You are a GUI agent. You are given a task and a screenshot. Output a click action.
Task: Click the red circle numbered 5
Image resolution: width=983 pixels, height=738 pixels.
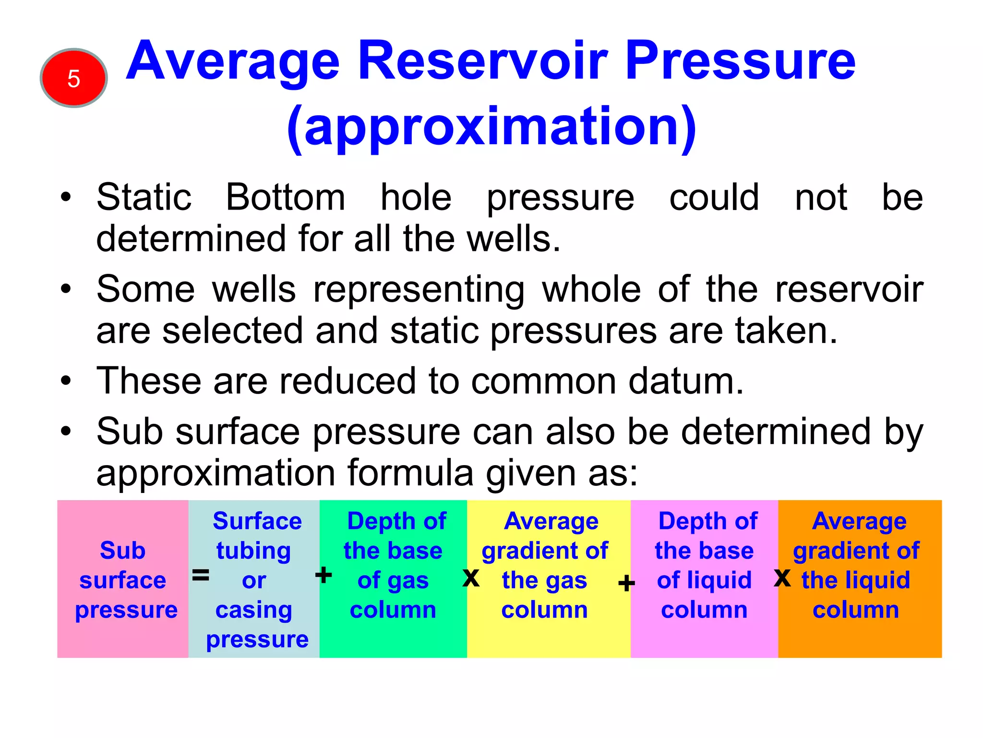pos(73,78)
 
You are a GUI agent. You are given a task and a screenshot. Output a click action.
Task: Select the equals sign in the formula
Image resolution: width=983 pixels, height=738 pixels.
pos(201,575)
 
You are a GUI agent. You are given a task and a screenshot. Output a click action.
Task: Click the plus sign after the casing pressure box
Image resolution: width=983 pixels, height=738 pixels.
pos(324,575)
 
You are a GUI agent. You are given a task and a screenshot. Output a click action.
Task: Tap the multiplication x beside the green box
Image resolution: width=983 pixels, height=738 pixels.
pos(471,577)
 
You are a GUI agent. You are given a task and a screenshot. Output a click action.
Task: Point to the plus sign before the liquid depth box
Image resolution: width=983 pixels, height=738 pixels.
pos(626,584)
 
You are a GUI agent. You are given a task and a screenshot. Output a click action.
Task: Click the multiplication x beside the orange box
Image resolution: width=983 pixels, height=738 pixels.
pos(782,578)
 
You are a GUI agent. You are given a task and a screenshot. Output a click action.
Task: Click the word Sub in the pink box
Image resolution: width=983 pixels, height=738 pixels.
pos(122,550)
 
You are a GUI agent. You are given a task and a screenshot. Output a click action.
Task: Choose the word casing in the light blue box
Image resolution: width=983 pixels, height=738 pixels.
pos(253,610)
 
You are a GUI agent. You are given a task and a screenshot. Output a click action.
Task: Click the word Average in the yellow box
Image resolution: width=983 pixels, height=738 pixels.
pos(551,521)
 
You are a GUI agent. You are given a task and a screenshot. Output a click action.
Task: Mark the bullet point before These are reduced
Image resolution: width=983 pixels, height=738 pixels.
pos(66,381)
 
